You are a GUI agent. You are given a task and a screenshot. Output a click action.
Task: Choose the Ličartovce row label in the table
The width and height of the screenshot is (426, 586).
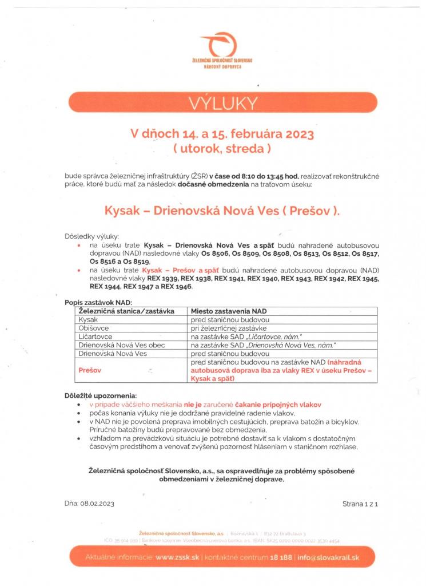point(95,338)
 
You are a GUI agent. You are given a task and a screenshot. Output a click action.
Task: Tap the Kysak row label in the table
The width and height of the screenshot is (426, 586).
point(88,320)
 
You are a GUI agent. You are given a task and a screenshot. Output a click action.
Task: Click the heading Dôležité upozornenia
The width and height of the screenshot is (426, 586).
point(101,395)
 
